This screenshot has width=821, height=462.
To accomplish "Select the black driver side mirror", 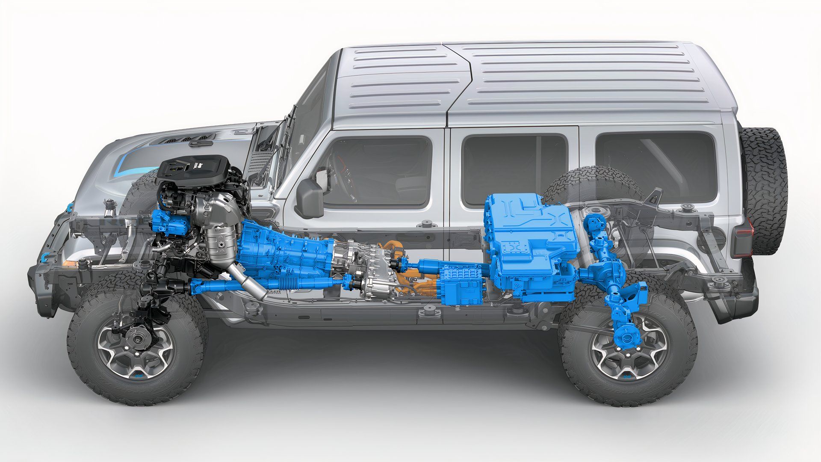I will [310, 198].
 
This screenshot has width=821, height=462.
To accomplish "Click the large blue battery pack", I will [530, 240].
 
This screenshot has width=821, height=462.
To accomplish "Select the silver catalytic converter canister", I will [220, 240].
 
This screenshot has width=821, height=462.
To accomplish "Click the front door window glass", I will [376, 171].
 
